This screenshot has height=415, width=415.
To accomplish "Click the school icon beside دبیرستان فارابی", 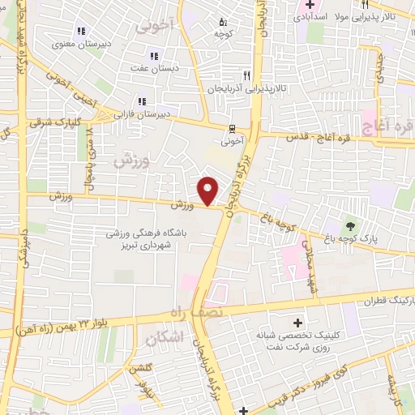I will pyautogui.click(x=143, y=101).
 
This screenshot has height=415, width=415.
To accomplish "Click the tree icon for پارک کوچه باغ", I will pyautogui.click(x=350, y=225).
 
